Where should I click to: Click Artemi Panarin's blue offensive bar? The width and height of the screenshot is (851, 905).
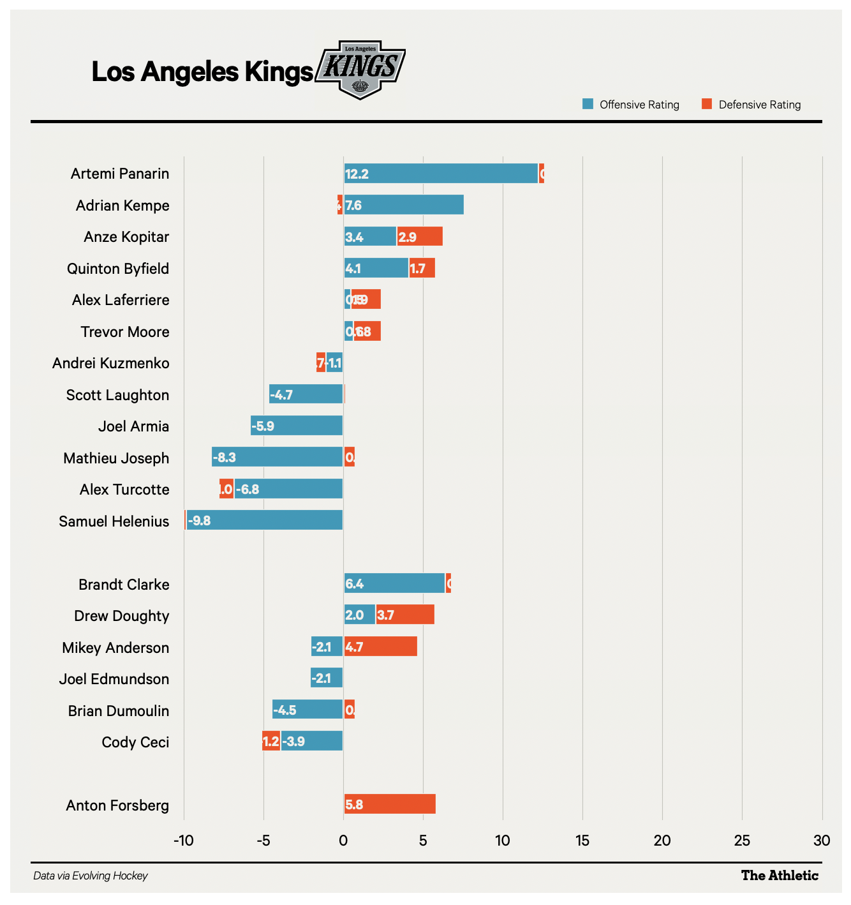click(x=441, y=174)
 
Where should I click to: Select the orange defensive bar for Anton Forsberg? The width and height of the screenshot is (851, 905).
click(x=390, y=804)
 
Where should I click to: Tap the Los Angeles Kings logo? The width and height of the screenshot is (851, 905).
click(x=361, y=70)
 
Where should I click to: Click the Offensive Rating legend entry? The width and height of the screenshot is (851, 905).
click(x=631, y=105)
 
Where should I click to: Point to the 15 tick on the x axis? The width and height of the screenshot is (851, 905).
click(x=582, y=841)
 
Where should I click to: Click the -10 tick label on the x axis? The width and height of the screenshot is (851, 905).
click(x=184, y=841)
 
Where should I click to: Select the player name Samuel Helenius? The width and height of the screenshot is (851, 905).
click(x=114, y=521)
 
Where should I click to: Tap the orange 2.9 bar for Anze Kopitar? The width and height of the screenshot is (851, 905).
click(x=420, y=237)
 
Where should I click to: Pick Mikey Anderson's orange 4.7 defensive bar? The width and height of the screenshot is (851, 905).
click(x=381, y=647)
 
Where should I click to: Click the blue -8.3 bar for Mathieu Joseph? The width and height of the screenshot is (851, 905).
click(x=277, y=458)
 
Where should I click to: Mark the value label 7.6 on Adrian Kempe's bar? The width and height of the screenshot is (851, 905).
click(x=353, y=206)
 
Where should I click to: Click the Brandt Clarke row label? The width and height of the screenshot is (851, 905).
click(x=124, y=585)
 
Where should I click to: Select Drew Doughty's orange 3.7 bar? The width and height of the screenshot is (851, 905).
click(x=405, y=615)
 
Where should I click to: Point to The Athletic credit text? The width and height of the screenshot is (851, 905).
click(x=780, y=876)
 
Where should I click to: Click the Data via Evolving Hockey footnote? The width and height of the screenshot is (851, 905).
click(x=91, y=876)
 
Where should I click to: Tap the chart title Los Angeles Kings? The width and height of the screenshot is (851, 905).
click(x=202, y=71)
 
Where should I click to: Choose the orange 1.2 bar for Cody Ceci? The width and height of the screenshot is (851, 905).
click(x=271, y=742)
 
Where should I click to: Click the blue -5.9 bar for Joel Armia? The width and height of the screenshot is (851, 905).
click(x=297, y=426)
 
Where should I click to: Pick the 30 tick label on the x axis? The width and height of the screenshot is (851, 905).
click(x=822, y=841)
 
